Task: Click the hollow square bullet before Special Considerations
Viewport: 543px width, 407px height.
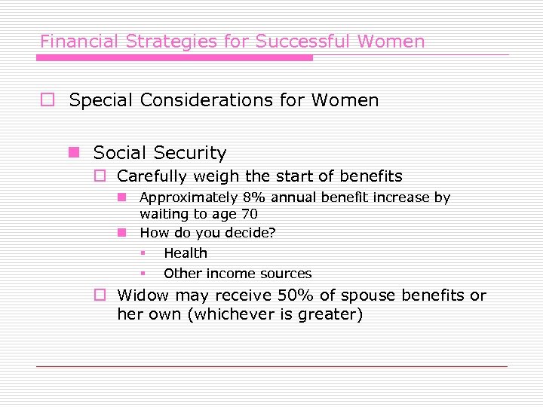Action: (x=47, y=100)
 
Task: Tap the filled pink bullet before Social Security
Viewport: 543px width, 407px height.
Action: (x=73, y=153)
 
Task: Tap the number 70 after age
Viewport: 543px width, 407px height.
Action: (x=249, y=214)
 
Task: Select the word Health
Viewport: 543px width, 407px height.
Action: (x=185, y=253)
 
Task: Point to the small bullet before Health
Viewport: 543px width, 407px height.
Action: (x=142, y=254)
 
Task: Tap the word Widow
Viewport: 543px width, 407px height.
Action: (x=143, y=295)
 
